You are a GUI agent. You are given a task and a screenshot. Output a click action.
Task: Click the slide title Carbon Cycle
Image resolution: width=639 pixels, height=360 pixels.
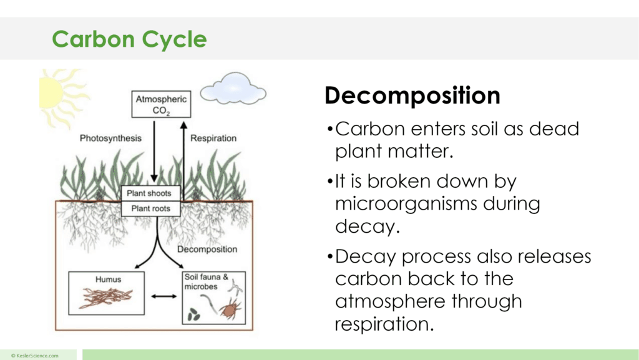129,39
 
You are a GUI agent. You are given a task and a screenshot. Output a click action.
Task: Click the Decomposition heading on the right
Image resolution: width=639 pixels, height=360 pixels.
412,95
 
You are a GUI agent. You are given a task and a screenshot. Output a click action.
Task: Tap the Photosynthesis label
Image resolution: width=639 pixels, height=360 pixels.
110,138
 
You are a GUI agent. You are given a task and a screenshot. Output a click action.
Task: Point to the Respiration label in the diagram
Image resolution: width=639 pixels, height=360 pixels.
213,138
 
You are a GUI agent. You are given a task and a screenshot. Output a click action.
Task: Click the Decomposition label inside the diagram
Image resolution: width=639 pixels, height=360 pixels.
207,249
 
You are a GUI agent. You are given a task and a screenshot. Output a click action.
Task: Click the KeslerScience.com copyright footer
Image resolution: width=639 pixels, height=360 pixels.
35,355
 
